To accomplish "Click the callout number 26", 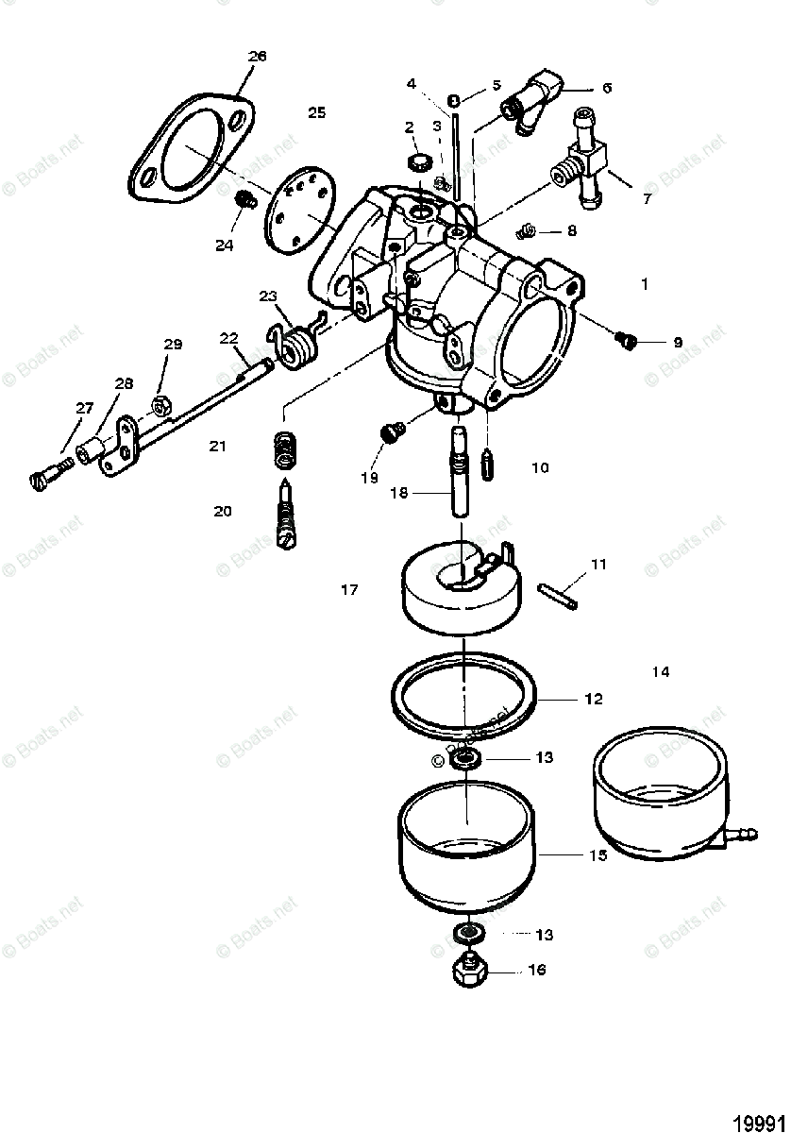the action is click(x=258, y=56).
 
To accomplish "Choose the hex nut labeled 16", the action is click(x=469, y=970).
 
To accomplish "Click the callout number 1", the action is click(x=645, y=282).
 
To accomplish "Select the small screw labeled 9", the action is click(x=627, y=338).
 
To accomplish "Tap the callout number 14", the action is click(x=660, y=671).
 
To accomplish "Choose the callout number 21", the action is click(x=218, y=446).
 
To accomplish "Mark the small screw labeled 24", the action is click(x=244, y=200).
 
